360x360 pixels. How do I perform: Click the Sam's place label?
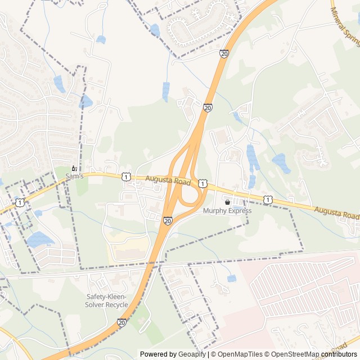pos(74,177)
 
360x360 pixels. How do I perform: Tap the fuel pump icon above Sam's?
pos(74,168)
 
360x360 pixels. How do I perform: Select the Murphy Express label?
pos(227,211)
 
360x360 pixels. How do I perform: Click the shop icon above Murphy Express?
pos(227,202)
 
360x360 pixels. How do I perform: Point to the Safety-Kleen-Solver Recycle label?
pos(106,301)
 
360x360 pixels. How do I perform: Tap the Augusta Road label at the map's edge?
pos(336,213)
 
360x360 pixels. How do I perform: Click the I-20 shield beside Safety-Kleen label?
pos(121,322)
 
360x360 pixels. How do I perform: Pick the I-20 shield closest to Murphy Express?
pos(168,222)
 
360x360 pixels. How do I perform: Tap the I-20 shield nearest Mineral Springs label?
pos(224,53)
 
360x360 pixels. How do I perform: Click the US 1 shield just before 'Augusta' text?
pos(126,177)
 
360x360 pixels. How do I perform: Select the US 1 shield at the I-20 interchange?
pos(202,183)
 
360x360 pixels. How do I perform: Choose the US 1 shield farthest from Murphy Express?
pos(20,202)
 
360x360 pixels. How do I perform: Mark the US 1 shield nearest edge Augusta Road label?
pos(269,200)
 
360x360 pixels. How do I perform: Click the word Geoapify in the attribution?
pos(192,354)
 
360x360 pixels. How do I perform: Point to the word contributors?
pos(339,354)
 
